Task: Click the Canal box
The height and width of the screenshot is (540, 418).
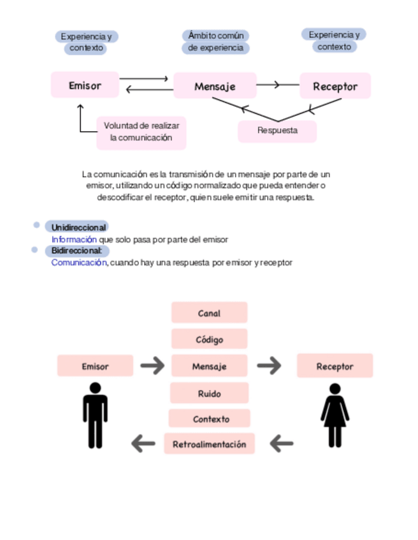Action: click(209, 313)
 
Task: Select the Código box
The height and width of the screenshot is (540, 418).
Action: click(209, 339)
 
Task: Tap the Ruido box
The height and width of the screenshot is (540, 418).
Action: click(209, 394)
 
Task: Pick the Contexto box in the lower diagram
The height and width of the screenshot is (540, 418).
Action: click(210, 419)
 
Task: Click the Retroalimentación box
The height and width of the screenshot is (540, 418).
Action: click(209, 444)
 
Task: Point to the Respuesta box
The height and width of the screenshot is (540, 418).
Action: click(277, 131)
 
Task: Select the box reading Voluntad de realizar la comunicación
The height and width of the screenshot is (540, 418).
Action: click(141, 132)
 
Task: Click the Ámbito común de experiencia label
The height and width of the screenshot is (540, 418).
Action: click(216, 41)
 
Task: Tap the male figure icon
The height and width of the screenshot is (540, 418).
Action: click(95, 415)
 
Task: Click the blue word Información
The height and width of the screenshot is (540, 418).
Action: click(74, 239)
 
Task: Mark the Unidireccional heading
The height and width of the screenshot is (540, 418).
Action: click(78, 227)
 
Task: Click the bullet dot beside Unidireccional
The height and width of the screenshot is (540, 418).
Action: click(36, 225)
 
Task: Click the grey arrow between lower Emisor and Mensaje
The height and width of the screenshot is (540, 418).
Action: click(152, 366)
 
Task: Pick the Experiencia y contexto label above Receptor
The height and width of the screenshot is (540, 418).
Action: click(334, 41)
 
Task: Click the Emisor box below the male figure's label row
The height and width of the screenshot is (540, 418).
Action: click(95, 366)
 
